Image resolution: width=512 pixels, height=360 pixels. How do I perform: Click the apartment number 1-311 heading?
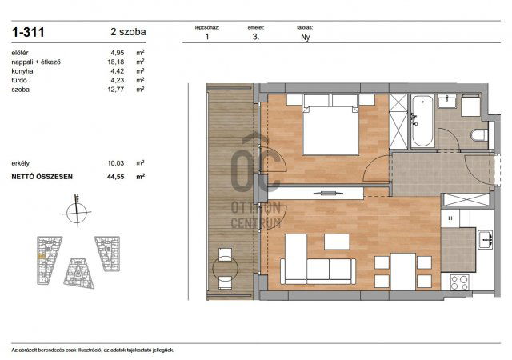click(x=29, y=33)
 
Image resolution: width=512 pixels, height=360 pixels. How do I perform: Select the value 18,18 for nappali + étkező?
click(x=117, y=62)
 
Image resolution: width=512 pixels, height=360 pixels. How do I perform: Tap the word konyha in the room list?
click(x=23, y=71)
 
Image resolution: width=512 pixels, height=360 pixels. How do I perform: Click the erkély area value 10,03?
click(x=117, y=162)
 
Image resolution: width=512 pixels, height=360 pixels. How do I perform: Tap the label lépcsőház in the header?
click(x=207, y=27)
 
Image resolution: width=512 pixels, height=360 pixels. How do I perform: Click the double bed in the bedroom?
click(x=330, y=126)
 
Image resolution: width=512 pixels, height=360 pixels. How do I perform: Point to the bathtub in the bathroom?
click(x=422, y=121)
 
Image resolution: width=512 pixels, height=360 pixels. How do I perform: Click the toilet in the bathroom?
click(x=479, y=134)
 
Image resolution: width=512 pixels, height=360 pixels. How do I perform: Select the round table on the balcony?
click(x=225, y=268)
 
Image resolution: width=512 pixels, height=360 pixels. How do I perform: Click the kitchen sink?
click(x=485, y=238)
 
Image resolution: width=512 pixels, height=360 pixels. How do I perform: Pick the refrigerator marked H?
click(x=451, y=218)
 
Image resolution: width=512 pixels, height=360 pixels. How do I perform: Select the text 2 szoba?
click(x=128, y=33)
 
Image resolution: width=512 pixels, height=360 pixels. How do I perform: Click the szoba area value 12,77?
click(x=117, y=90)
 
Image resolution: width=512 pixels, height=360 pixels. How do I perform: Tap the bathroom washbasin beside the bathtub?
click(x=446, y=102)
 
